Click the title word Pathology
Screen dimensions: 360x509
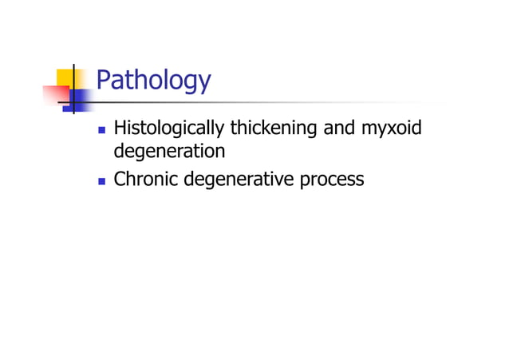(153, 81)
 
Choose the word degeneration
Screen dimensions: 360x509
(169, 151)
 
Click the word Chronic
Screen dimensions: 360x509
(146, 179)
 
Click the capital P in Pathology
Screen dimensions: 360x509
(103, 80)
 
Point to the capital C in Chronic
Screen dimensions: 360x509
(120, 179)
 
